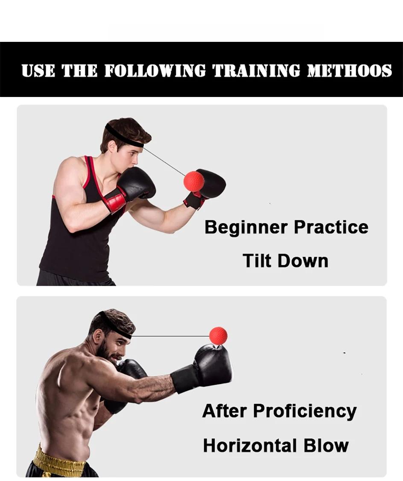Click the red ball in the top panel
[194, 181]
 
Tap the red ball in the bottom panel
[218, 336]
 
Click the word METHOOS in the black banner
[349, 70]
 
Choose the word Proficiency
[305, 411]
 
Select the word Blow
[326, 446]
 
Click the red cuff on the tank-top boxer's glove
[114, 200]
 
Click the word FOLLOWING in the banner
[155, 70]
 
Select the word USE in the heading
[38, 70]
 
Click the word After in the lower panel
[225, 411]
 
